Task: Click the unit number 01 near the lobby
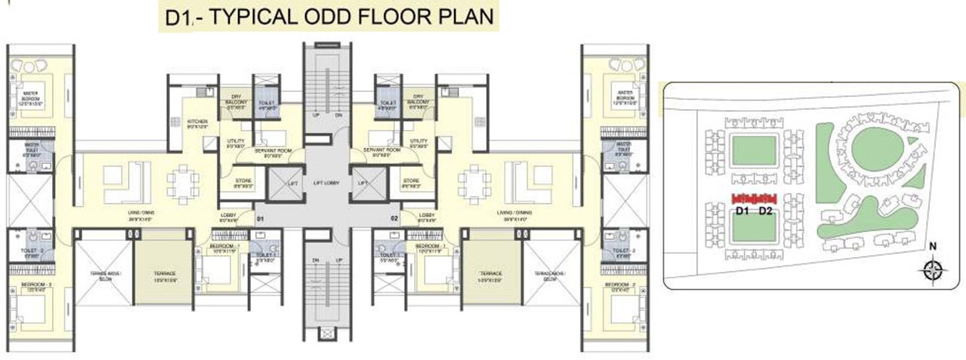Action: pos(261,217)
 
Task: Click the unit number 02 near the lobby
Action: pos(395,217)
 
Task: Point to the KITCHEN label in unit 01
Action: pos(197,122)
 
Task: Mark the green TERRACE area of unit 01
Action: pos(163,262)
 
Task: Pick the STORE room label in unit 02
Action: pos(411,181)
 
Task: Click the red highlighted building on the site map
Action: pos(754,198)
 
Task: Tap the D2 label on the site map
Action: pos(766,211)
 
